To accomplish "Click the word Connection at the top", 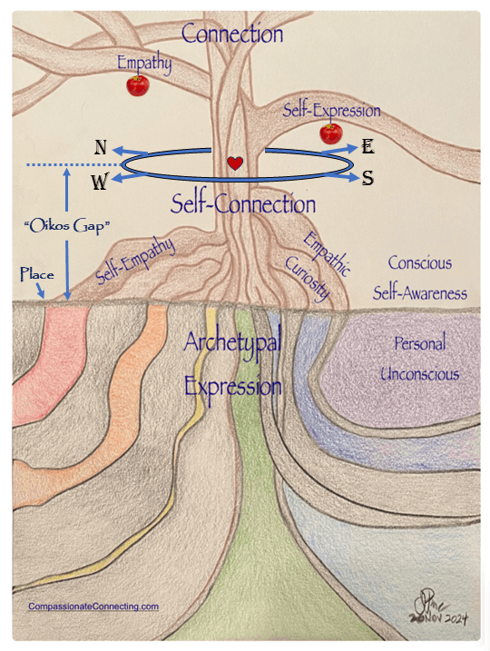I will (x=232, y=35).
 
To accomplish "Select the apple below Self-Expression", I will (x=331, y=133).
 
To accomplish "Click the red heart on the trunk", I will (x=235, y=163).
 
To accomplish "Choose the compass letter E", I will (x=368, y=147).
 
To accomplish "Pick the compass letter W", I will (x=101, y=182).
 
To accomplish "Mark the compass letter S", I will (x=368, y=178).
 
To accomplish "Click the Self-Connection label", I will (x=243, y=203).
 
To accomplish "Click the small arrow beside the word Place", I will (x=42, y=291).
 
